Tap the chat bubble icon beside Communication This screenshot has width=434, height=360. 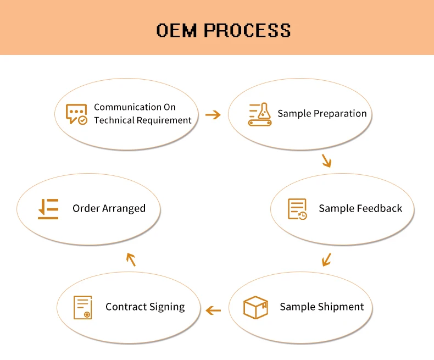pos(76,114)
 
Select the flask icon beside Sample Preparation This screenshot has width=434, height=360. pos(260,114)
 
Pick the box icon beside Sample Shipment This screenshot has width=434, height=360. pos(255,307)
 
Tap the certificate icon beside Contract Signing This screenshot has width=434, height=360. pos(83,307)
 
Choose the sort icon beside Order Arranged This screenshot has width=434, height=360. pos(48,209)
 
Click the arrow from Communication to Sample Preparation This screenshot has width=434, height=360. pos(213,114)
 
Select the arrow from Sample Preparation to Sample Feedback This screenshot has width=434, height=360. pos(326,160)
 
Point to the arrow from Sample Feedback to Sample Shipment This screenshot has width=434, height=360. pos(326,259)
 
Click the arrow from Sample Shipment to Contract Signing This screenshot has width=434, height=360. pos(213,311)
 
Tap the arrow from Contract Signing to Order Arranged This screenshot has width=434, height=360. pos(130,259)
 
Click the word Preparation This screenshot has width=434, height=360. pos(341,114)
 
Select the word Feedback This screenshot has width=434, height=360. pos(380,209)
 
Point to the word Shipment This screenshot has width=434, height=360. pos(342,307)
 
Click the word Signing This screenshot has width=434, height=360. pos(166,307)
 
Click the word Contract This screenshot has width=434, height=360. pos(125,307)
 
